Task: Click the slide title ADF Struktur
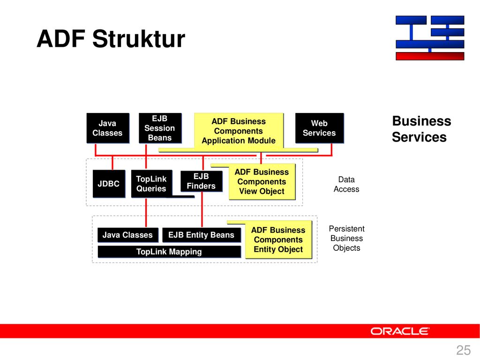111,39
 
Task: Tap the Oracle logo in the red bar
400,331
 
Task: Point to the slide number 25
463,350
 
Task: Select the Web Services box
319,128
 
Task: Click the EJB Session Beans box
160,128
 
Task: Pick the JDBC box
109,184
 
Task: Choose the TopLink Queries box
151,184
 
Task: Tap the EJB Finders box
202,181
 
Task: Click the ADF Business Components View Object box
262,181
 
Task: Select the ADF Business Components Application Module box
239,131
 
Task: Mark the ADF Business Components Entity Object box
278,240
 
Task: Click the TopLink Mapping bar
169,252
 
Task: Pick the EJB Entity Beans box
202,235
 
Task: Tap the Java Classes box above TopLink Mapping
128,235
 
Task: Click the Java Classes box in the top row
108,128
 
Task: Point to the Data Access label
346,184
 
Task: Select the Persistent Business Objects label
346,238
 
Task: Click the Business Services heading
421,129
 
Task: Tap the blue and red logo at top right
430,38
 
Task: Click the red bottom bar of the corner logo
430,56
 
